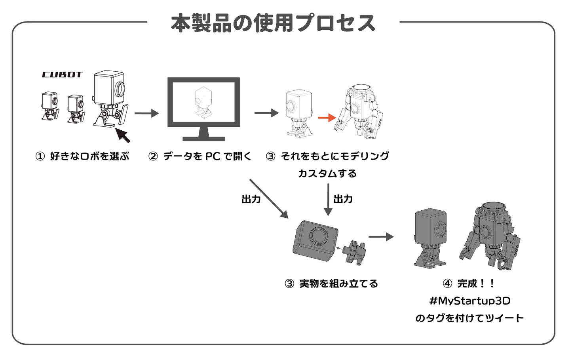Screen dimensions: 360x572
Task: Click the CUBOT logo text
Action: pos(62,74)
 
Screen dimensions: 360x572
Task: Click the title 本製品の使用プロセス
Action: pos(273,23)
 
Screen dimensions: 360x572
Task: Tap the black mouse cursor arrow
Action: pos(123,135)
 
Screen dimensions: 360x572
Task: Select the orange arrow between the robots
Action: pos(327,118)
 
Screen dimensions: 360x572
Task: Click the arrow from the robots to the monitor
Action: pos(146,114)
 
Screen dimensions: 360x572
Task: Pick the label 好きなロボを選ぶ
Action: pos(89,156)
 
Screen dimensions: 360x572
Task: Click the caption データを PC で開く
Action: pos(207,156)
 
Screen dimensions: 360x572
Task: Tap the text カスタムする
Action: pos(327,173)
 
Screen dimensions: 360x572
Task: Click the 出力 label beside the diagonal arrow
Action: pos(251,199)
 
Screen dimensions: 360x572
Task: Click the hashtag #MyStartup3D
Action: pos(470,301)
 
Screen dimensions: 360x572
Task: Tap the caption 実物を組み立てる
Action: pos(338,284)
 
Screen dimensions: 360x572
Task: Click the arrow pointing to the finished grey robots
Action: pos(381,237)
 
